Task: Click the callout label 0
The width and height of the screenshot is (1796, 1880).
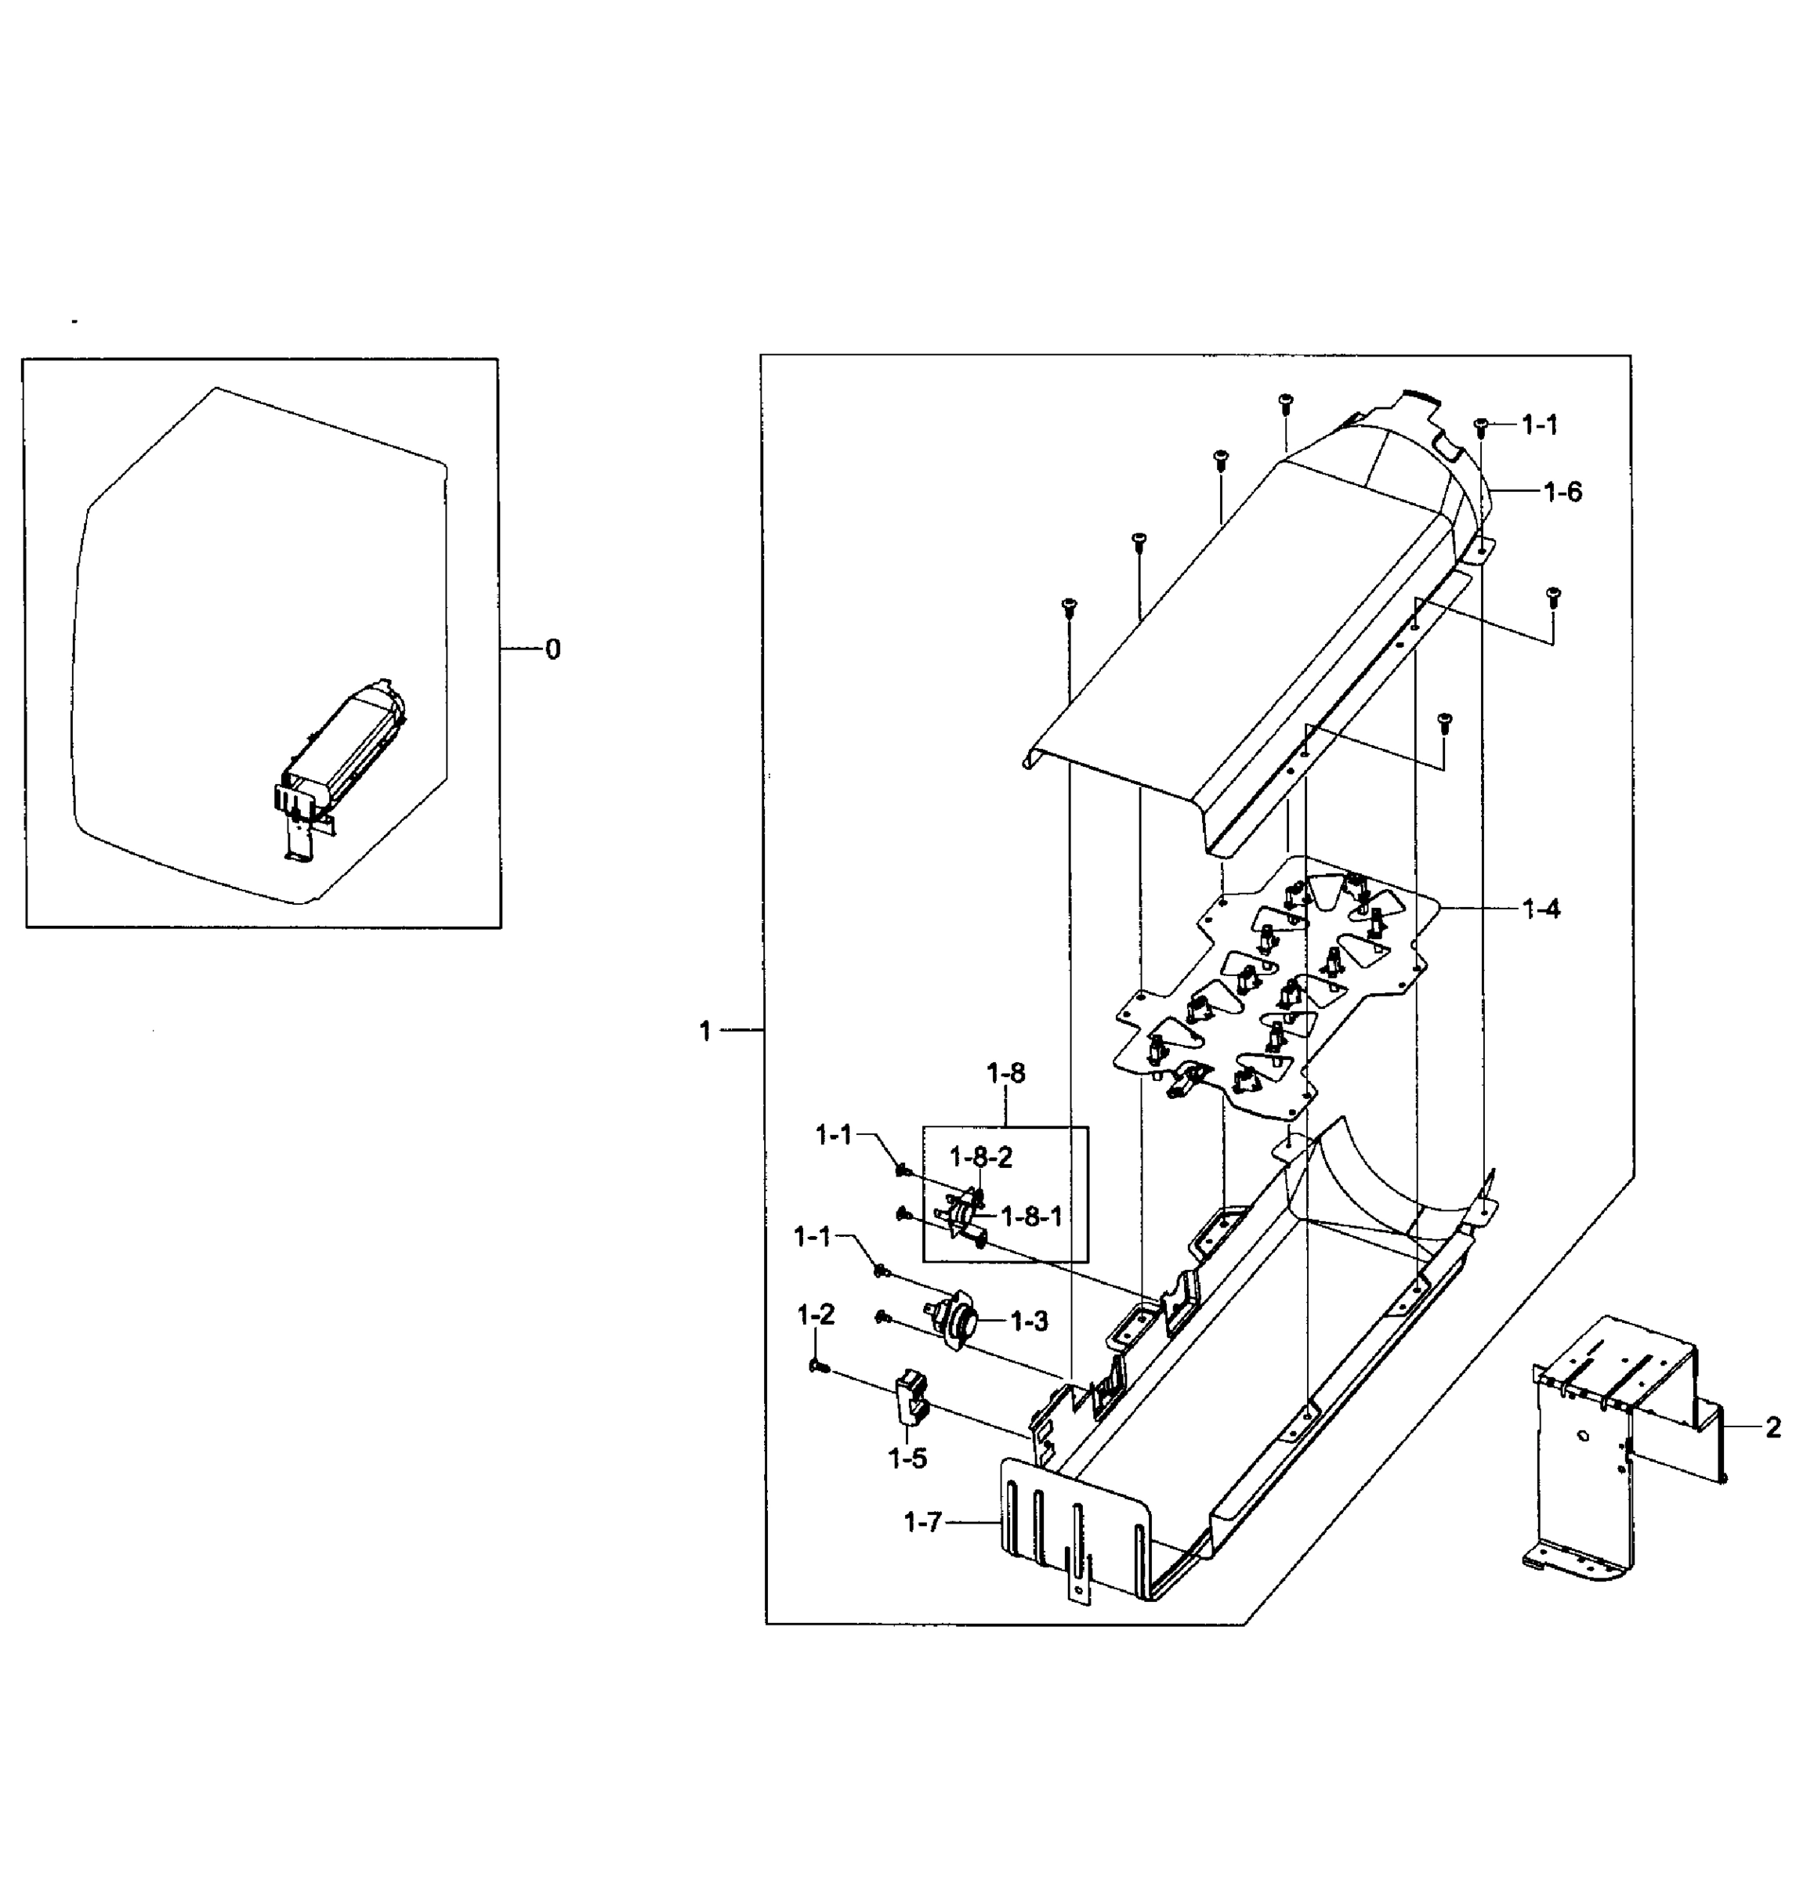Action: [552, 650]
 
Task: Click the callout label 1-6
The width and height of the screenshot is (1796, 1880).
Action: [1562, 492]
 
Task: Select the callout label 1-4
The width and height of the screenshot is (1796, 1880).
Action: [1541, 909]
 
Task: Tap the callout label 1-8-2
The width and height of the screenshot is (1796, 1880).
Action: [980, 1157]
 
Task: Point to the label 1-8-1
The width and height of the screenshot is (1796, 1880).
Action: [1031, 1216]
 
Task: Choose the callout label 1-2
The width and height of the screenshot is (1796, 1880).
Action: [816, 1315]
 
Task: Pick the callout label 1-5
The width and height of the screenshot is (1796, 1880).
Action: [907, 1459]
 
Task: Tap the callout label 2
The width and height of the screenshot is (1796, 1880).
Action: [1772, 1428]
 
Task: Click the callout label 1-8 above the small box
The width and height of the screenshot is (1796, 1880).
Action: [1005, 1074]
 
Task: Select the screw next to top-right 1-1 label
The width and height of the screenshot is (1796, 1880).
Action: [1480, 426]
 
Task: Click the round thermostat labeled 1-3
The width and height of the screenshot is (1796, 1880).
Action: [955, 1324]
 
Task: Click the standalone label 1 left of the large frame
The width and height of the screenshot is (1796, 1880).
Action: [705, 1031]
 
